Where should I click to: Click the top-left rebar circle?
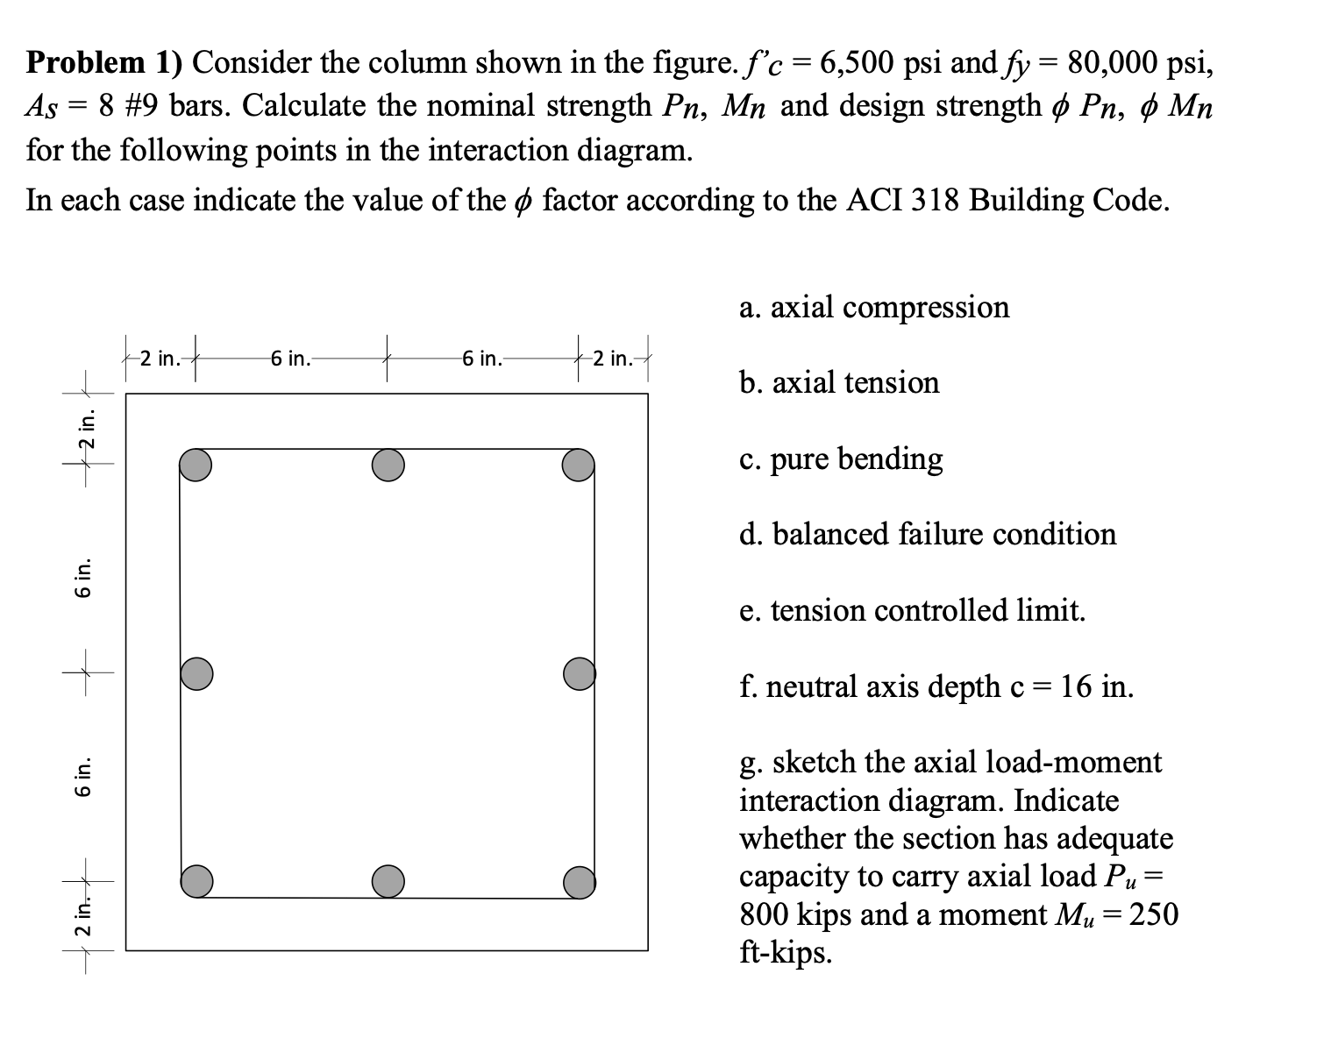(x=196, y=466)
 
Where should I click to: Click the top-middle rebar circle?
(x=388, y=466)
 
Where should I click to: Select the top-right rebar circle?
(x=579, y=466)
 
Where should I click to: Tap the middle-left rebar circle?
(x=196, y=673)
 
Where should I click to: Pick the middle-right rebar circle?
(x=580, y=673)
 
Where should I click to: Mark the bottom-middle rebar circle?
(x=388, y=880)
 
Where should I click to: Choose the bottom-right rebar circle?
(x=580, y=881)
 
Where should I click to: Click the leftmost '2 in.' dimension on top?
(x=160, y=359)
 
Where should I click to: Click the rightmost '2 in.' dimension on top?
(x=612, y=359)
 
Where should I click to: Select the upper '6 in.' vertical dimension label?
(x=83, y=578)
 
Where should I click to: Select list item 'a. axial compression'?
(x=874, y=307)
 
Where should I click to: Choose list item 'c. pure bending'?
(x=841, y=459)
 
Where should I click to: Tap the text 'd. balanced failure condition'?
(x=928, y=534)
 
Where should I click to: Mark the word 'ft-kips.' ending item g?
(x=786, y=952)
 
